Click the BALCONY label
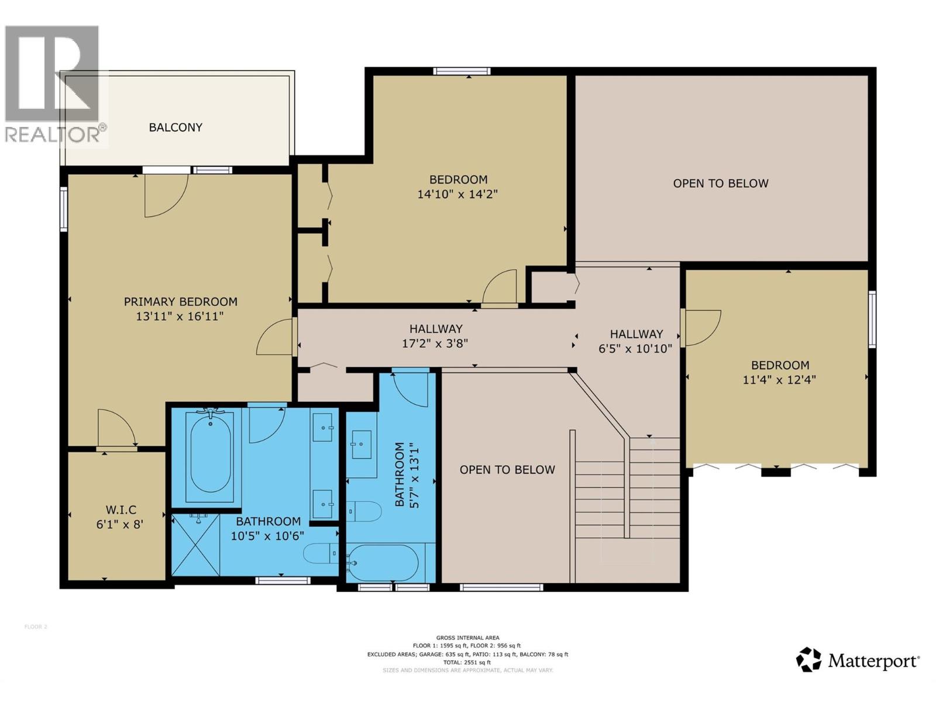click(175, 128)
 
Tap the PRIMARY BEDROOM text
click(180, 302)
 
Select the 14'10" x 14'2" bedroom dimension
click(457, 194)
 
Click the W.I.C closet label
click(121, 510)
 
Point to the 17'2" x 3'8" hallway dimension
click(435, 343)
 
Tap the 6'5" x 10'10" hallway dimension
click(635, 349)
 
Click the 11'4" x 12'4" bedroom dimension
click(779, 380)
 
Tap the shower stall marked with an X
click(196, 545)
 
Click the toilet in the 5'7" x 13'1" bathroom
click(363, 511)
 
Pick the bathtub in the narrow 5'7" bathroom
click(383, 563)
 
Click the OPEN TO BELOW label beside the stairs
click(507, 470)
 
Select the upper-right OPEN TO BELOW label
click(720, 184)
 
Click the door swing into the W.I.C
click(116, 428)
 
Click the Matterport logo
click(858, 660)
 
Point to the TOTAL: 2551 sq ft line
click(467, 662)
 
